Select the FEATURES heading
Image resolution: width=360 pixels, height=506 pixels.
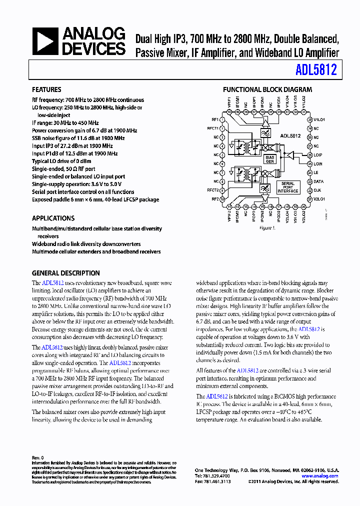pyautogui.click(x=46, y=90)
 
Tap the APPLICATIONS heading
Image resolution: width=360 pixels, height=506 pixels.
pyautogui.click(x=53, y=218)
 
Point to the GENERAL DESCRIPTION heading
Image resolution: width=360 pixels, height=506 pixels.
pyautogui.click(x=65, y=273)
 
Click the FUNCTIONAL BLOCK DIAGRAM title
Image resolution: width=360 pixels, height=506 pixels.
pyautogui.click(x=267, y=90)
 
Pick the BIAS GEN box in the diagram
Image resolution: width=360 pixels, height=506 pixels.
pyautogui.click(x=270, y=159)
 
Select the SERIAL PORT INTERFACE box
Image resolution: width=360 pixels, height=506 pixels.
pyautogui.click(x=288, y=187)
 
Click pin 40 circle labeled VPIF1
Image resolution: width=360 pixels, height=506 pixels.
pyautogui.click(x=229, y=113)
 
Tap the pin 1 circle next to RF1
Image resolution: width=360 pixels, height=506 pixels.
pyautogui.click(x=222, y=120)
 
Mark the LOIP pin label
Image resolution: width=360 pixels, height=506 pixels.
pyautogui.click(x=318, y=155)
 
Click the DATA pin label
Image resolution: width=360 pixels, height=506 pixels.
pyautogui.click(x=318, y=181)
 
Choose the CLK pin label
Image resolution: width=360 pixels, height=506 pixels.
pyautogui.click(x=317, y=190)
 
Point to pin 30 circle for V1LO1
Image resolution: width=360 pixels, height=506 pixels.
pyautogui.click(x=310, y=120)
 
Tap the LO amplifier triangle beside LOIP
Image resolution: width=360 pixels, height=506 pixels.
pyautogui.click(x=289, y=156)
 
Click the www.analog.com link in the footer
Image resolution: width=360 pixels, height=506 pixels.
pyautogui.click(x=320, y=476)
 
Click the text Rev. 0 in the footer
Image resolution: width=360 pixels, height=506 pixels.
pyautogui.click(x=38, y=457)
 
